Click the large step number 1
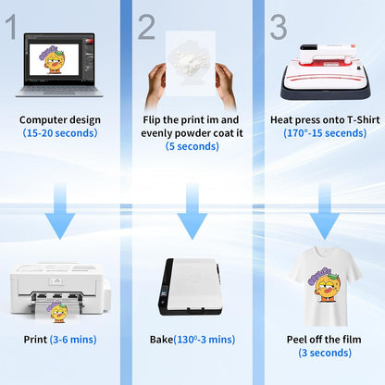point(11,27)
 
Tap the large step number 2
point(146,27)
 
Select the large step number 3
point(279,27)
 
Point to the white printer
point(60,292)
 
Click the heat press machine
point(326,72)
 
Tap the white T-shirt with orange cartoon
point(325,286)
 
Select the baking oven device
point(191,287)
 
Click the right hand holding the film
point(225,86)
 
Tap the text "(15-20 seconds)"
point(60,133)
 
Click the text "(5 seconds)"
point(192,146)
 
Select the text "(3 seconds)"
point(325,353)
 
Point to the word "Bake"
point(161,340)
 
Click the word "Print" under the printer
point(35,340)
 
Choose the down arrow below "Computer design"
point(60,211)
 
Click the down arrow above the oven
point(192,211)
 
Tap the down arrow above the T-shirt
point(325,211)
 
